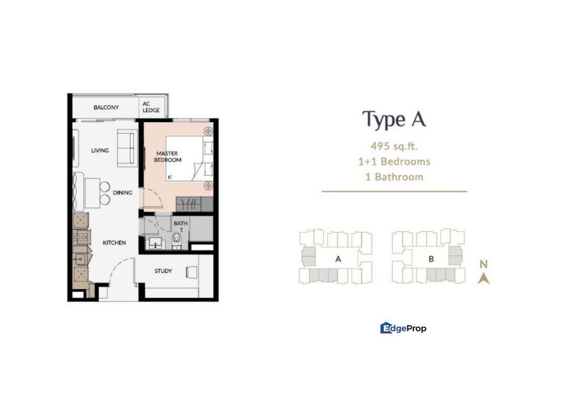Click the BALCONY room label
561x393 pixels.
(106, 108)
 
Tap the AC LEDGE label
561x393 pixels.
(151, 107)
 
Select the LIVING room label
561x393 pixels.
(100, 151)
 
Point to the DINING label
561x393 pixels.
(123, 193)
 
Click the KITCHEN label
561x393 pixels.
(114, 243)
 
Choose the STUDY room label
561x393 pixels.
(163, 271)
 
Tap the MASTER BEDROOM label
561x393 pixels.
(168, 157)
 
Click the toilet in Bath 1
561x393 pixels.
(177, 240)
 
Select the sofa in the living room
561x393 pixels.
(127, 148)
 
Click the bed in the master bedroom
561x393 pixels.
(189, 158)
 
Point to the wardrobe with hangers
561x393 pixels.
(194, 204)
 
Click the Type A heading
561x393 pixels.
(394, 120)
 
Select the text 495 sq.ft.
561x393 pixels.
(394, 146)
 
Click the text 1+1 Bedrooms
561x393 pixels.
(394, 162)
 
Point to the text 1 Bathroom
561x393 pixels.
(394, 177)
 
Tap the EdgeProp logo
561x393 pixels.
(403, 328)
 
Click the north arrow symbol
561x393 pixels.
(484, 278)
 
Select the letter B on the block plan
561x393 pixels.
(431, 259)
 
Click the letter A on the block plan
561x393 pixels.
(338, 259)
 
